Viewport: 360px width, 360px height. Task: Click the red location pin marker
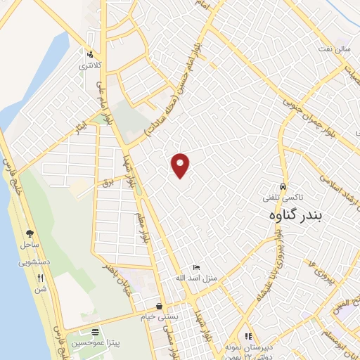(181, 165)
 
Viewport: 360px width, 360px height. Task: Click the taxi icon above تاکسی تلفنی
(282, 188)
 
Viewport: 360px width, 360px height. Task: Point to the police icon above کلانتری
(89, 54)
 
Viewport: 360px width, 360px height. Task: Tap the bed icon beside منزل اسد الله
(197, 268)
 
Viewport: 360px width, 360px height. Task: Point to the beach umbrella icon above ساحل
(30, 233)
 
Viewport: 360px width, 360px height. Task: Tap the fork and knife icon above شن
(40, 278)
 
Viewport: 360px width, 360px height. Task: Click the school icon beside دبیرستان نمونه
(247, 337)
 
